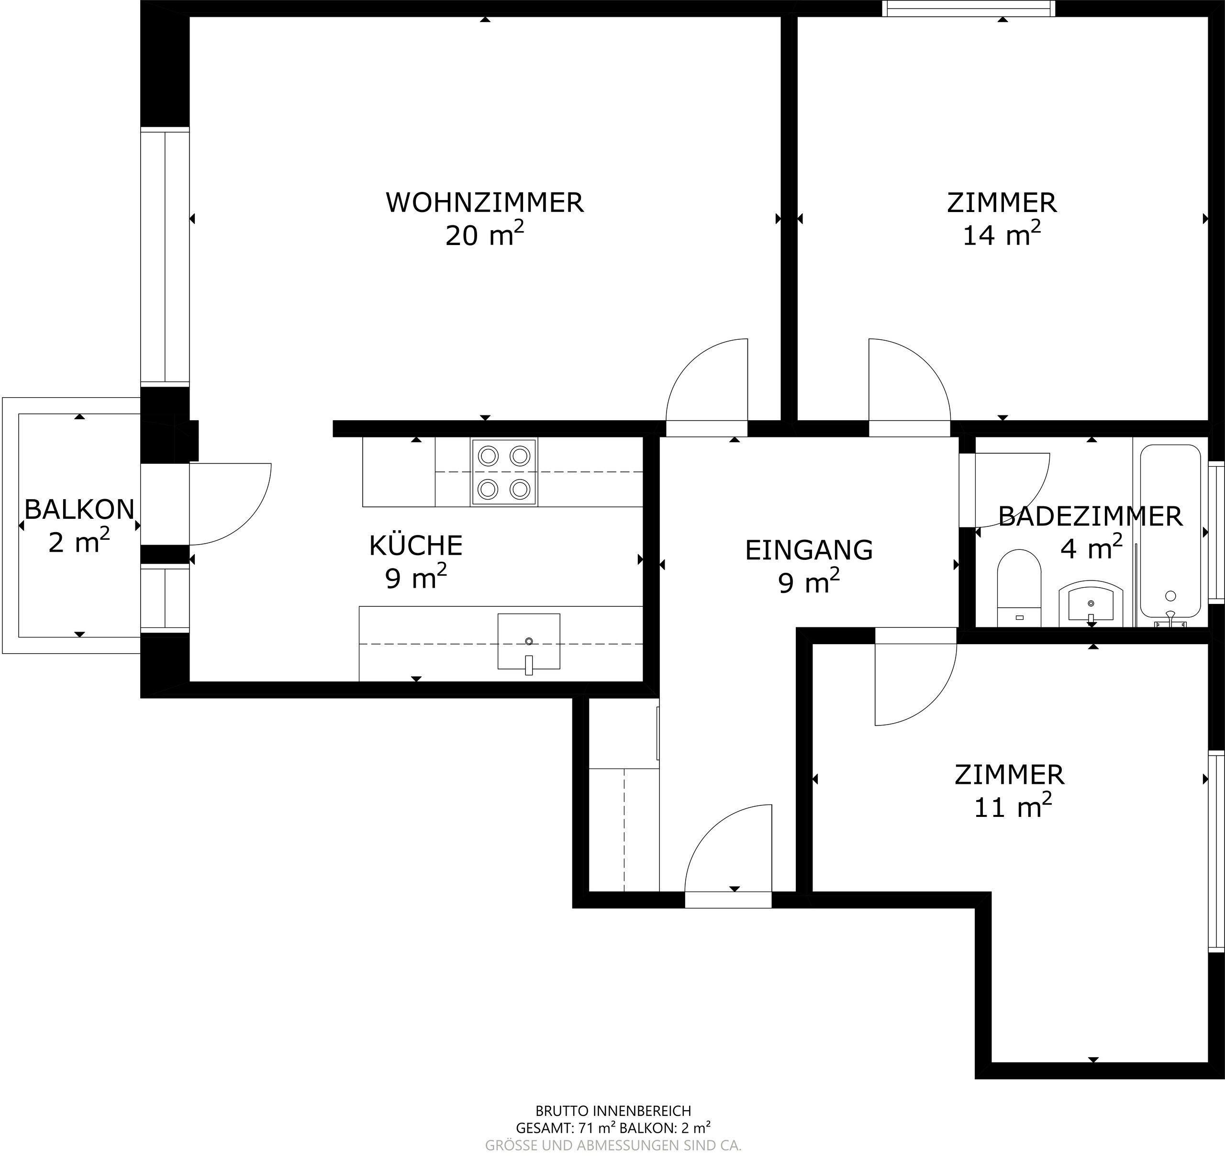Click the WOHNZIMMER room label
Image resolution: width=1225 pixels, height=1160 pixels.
(x=484, y=203)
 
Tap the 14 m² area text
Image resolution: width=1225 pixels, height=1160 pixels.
(x=1001, y=235)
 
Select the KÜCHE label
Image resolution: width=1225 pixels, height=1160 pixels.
(x=415, y=546)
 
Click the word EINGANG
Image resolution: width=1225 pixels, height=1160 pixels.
(x=808, y=550)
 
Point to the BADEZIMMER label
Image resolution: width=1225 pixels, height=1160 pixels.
(x=1090, y=517)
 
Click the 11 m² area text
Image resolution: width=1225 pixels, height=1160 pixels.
(x=1012, y=807)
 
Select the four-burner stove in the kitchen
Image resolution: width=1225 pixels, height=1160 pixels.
(x=503, y=472)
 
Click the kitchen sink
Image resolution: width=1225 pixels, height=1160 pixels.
(x=529, y=642)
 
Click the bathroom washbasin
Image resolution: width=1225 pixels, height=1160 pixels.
(x=1091, y=602)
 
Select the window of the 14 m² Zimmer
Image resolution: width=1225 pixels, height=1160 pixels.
(x=968, y=8)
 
